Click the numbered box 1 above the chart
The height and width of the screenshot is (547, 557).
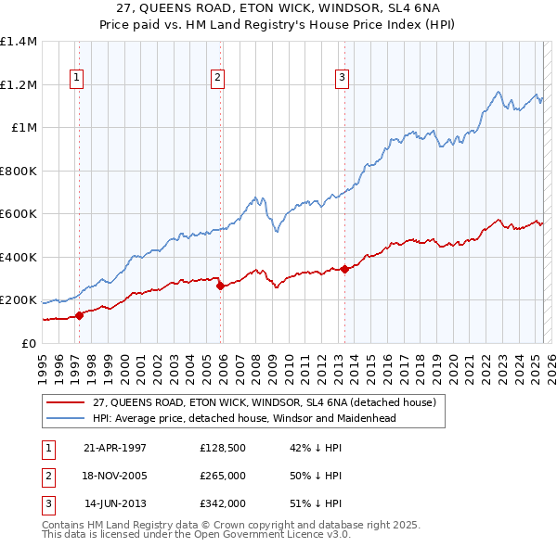pos(75,78)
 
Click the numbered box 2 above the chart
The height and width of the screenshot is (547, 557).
pos(216,78)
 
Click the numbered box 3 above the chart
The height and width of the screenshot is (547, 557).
pos(342,78)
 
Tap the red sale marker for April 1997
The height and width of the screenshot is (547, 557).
pos(80,315)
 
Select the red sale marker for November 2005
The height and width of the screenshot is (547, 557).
pos(220,286)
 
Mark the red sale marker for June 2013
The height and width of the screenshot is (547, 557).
pos(344,270)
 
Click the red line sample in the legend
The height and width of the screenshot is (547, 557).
pos(66,402)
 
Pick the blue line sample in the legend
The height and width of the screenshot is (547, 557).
pos(66,418)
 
